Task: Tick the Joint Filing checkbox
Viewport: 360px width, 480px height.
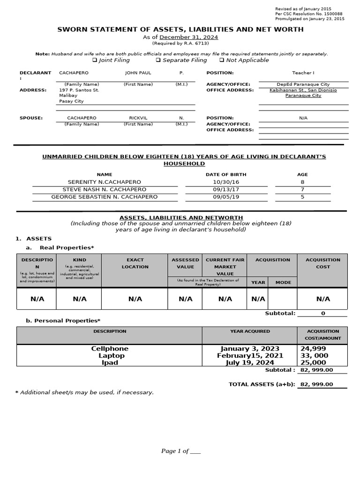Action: point(95,60)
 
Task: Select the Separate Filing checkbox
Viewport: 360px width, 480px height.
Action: point(158,60)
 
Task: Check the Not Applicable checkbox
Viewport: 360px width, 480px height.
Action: point(221,60)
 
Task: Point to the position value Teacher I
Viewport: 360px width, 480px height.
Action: point(303,73)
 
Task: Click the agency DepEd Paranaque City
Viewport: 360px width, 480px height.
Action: point(303,84)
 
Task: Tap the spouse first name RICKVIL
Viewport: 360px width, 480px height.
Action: point(138,118)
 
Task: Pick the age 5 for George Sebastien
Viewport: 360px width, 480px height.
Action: point(302,197)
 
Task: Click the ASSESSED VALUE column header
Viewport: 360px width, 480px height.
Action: point(185,263)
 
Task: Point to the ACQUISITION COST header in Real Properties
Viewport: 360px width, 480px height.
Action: point(322,263)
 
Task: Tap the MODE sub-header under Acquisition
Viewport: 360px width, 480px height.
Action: point(283,282)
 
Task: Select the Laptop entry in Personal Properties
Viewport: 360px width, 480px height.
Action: point(111,356)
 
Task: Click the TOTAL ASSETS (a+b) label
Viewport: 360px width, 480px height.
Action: point(261,384)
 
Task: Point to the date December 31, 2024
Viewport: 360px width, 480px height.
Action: point(188,37)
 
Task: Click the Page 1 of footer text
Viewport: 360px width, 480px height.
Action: point(180,451)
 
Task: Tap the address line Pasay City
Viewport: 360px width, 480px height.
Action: point(71,101)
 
